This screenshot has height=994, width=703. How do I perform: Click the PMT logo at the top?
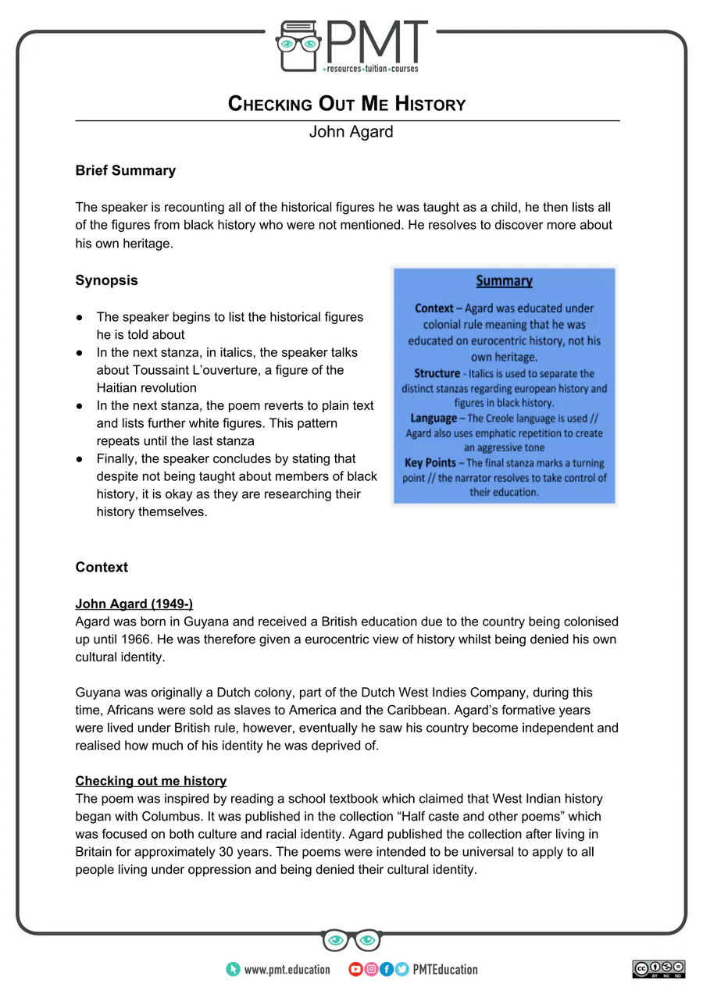(x=351, y=47)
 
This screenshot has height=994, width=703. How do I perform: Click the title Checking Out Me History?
(x=346, y=104)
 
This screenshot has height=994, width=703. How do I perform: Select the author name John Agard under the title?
(x=351, y=132)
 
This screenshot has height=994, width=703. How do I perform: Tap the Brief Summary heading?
(x=125, y=170)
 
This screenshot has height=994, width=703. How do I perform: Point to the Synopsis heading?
(x=106, y=280)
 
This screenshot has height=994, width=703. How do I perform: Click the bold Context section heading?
(x=102, y=567)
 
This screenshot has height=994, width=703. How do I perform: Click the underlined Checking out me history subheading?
(x=151, y=781)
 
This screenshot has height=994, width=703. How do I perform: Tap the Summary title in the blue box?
(x=504, y=281)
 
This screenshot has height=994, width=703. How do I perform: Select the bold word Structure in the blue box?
(x=437, y=373)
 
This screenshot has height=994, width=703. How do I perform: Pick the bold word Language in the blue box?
(x=434, y=419)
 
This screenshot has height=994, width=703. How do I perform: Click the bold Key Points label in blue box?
(x=434, y=462)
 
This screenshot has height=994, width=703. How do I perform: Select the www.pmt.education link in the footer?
(x=286, y=970)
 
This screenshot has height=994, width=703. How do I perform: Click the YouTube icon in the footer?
(x=355, y=970)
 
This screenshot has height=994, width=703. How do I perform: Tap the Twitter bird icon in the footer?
(x=401, y=970)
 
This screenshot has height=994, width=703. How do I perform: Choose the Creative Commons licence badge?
(x=658, y=969)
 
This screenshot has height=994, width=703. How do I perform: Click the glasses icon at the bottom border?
(x=351, y=940)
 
